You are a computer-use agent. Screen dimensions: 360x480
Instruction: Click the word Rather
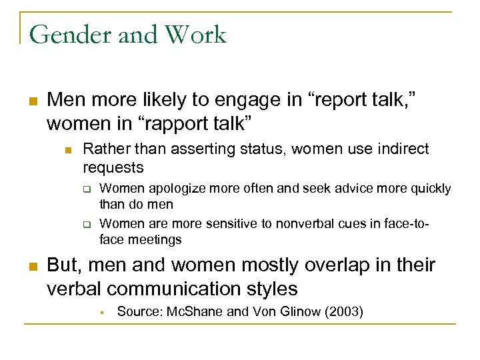(104, 149)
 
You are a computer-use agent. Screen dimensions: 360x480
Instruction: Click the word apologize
(174, 189)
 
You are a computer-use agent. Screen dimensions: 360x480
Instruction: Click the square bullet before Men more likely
(31, 102)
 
